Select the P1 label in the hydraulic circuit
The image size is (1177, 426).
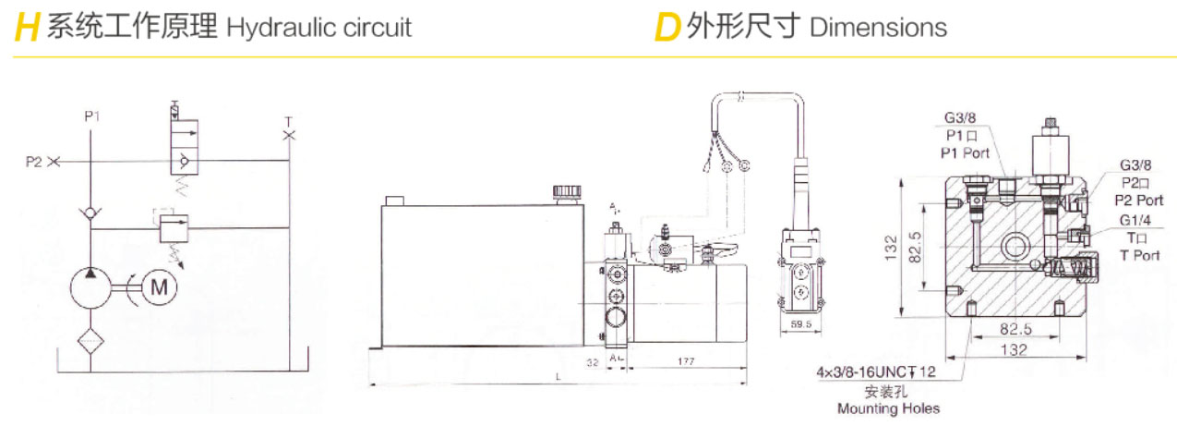91,116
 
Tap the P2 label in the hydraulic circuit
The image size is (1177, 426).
34,162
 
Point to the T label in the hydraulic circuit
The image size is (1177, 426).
288,121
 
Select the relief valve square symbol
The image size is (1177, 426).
170,227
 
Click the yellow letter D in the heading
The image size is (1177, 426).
666,29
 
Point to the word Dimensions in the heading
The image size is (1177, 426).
878,27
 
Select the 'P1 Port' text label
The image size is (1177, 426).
965,152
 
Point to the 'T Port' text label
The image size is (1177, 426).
1139,255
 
